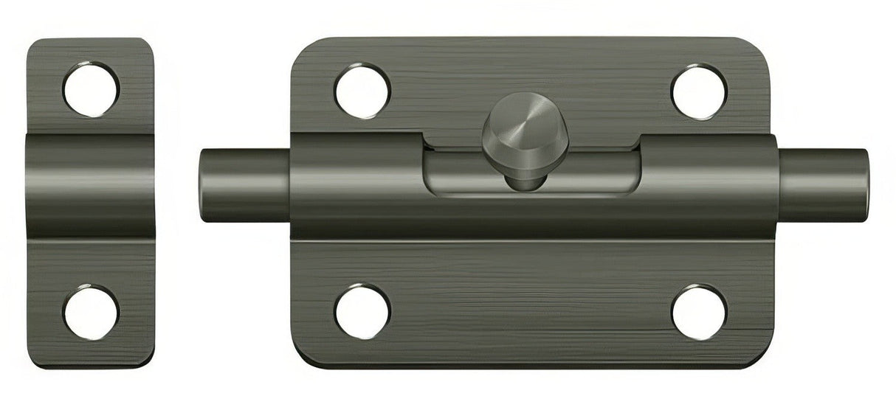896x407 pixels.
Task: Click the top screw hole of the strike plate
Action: coord(91,88)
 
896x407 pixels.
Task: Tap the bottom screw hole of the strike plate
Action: coord(91,311)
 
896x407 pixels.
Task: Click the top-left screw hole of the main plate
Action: coord(362,91)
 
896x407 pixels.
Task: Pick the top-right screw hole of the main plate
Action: coord(698,91)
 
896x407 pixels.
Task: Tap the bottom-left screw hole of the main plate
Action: coord(362,310)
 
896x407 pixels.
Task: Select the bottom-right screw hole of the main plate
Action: coord(698,310)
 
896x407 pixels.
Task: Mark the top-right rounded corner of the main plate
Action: coord(760,50)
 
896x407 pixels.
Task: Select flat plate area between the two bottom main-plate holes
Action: coord(530,310)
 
